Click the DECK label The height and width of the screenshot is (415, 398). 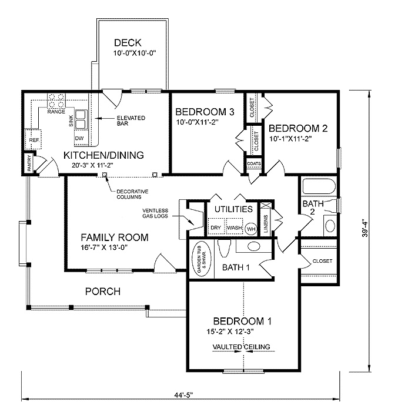pos(128,42)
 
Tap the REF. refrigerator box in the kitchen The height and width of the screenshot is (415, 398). pos(33,139)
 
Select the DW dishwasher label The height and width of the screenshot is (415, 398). pos(79,138)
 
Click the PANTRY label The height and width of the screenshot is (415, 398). pos(29,163)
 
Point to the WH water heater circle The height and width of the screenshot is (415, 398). pos(251,229)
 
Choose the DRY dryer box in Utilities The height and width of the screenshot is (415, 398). pos(216,226)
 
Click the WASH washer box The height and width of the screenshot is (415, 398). pos(235,226)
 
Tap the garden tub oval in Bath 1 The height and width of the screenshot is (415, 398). pos(201,259)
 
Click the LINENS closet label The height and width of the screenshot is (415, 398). pos(266,223)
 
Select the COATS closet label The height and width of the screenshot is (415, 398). pos(254,164)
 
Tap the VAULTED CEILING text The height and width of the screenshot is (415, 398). pos(242,347)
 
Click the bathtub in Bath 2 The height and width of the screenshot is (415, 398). pos(319,186)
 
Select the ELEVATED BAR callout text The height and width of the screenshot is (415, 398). pos(131,121)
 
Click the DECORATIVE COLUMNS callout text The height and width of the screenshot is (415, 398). pos(132,194)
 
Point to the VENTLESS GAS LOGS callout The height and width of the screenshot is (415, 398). pos(155,213)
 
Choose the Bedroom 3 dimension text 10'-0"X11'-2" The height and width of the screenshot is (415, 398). pos(197,122)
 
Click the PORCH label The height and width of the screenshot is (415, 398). pos(103,292)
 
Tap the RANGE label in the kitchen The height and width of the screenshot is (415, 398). pos(56,112)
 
